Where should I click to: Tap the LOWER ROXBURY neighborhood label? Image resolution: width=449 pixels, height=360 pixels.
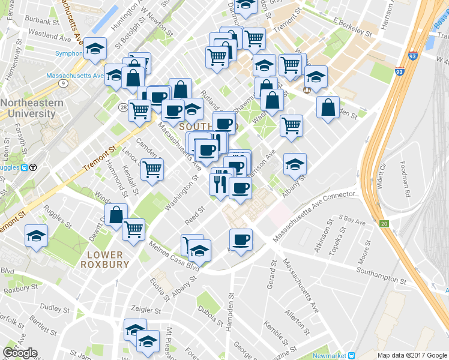[104, 259]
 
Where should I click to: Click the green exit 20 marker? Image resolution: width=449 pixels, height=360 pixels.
[384, 224]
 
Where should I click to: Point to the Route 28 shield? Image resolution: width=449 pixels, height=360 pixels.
[122, 107]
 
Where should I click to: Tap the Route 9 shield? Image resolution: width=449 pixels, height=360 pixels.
[62, 83]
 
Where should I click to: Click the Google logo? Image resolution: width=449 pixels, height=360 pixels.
[20, 353]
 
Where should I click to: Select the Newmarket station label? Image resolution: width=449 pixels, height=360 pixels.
[330, 356]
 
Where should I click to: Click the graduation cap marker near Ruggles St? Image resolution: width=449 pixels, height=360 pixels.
[37, 235]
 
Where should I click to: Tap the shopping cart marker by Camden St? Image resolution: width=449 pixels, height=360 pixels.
[152, 170]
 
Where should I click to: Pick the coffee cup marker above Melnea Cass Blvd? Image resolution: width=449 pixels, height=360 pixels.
[241, 240]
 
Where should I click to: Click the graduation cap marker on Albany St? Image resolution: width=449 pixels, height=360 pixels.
[295, 164]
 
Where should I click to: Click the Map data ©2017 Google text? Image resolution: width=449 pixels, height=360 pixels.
[411, 355]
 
